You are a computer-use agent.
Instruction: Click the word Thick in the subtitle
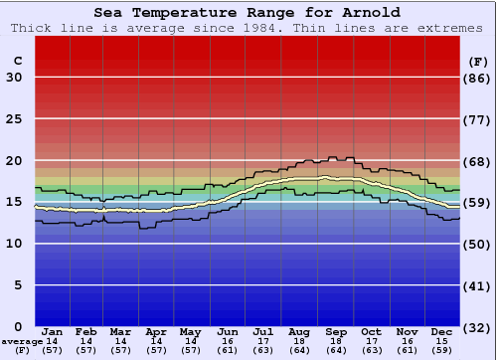[30, 27]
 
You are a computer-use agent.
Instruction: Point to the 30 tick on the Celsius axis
[14, 78]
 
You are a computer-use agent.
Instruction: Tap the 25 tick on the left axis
[14, 119]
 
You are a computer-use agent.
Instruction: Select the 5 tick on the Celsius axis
[18, 285]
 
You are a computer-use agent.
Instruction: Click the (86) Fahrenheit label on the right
[478, 78]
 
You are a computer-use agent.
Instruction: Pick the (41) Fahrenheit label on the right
[478, 285]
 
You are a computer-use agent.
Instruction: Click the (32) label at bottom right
[478, 327]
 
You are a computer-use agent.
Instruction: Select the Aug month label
[299, 331]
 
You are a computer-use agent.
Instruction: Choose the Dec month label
[442, 331]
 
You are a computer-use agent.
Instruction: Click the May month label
[190, 331]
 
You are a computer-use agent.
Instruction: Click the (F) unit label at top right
[478, 61]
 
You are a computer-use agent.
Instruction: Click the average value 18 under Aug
[299, 341]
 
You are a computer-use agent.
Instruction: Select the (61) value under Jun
[228, 350]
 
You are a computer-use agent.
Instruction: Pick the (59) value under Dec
[442, 350]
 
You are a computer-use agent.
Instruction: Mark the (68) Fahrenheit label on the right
[478, 161]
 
